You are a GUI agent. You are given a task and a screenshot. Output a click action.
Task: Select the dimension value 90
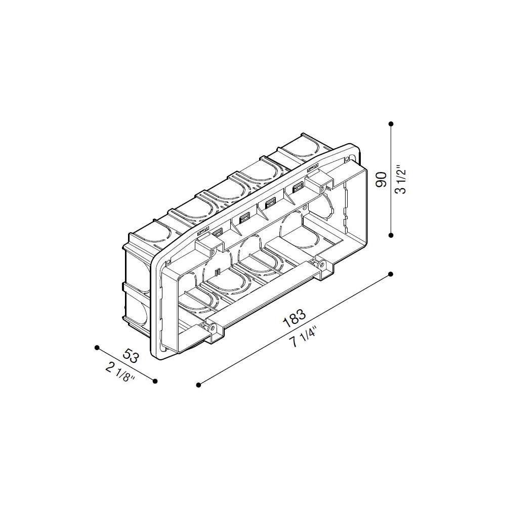[x=381, y=180]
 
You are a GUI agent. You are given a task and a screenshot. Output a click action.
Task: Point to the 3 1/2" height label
[x=401, y=180]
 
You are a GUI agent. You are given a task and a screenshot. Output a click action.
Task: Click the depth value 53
[x=131, y=355]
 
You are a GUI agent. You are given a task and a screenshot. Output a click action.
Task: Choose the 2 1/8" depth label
[x=119, y=372]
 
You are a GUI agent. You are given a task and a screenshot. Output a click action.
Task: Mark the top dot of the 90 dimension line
[x=391, y=123]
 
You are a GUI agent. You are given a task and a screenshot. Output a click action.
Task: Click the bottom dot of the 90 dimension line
[x=391, y=235]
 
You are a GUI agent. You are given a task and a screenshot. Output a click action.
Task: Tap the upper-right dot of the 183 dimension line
[x=391, y=274]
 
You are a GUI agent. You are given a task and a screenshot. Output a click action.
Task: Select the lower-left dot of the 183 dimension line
[x=198, y=385]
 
